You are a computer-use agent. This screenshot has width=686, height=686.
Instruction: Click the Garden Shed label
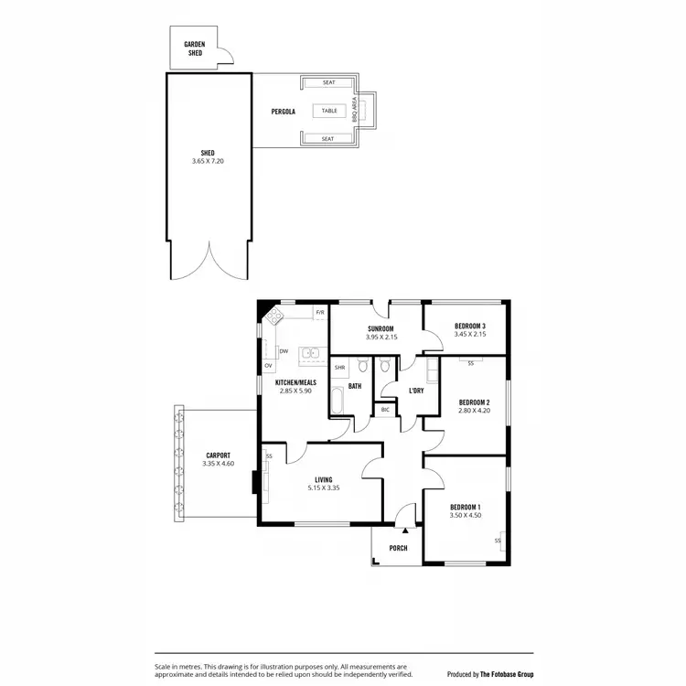point(193,48)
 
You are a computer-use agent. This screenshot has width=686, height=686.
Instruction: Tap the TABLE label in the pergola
point(328,111)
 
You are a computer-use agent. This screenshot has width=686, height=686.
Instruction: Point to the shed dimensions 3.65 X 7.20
point(208,161)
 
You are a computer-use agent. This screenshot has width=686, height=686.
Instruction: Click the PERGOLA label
point(283,112)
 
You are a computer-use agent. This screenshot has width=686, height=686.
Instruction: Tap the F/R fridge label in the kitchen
point(319,313)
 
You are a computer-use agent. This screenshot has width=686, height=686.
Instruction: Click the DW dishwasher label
point(284,350)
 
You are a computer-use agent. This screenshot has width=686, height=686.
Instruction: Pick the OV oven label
point(268,366)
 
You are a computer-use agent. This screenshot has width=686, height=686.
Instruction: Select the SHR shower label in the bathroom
point(339,367)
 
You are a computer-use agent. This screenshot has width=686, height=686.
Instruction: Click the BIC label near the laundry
point(385,409)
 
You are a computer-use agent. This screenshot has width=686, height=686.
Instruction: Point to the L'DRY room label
point(416,391)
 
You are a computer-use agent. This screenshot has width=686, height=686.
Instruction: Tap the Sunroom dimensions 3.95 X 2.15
point(381,338)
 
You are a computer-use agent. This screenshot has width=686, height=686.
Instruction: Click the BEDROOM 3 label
point(469,327)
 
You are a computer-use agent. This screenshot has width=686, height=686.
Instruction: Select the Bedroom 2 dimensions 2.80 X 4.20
point(475,411)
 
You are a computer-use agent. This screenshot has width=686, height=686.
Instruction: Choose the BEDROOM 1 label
point(466,507)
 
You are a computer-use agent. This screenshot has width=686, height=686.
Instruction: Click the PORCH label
point(398,549)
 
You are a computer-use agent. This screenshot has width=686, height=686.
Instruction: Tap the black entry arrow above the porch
point(404,530)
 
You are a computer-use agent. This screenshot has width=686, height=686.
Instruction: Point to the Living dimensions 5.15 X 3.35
point(323,488)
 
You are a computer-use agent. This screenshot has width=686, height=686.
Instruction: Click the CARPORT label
point(218,455)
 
